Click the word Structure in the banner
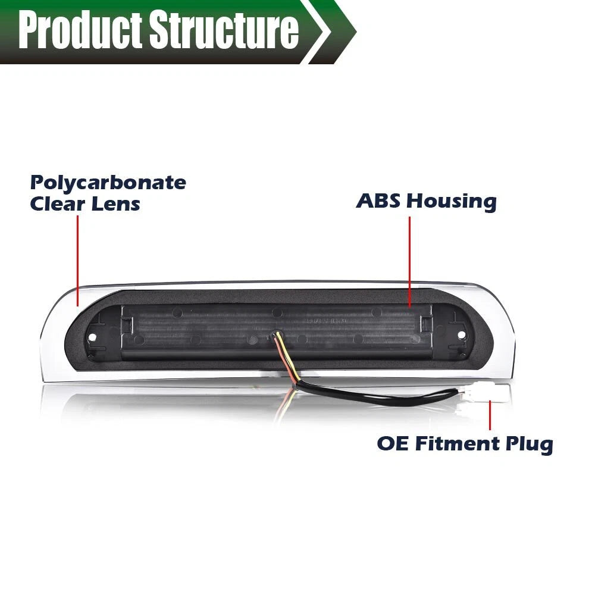tap(224, 30)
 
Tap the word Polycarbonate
tap(108, 183)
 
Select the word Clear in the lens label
tap(57, 203)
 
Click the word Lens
tap(116, 203)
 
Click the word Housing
tap(452, 201)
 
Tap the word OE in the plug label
tap(393, 443)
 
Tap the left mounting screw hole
tap(92, 337)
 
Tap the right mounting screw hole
tap(462, 334)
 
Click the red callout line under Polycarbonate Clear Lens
tap(78, 261)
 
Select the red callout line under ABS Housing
tap(410, 262)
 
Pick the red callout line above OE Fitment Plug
tap(490, 415)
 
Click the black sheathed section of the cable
tap(380, 396)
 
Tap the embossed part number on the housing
tap(327, 321)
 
